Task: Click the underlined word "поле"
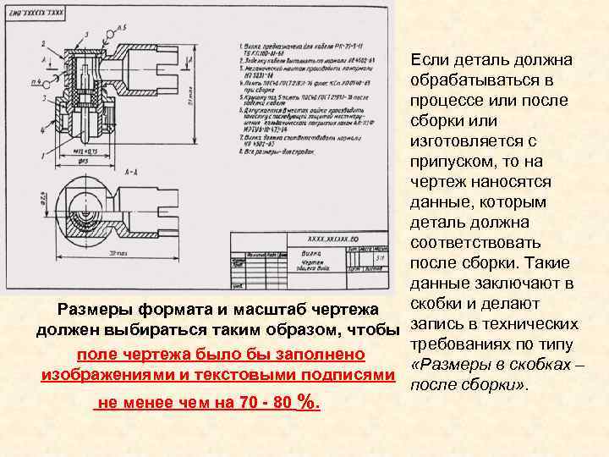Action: [x=95, y=353]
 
